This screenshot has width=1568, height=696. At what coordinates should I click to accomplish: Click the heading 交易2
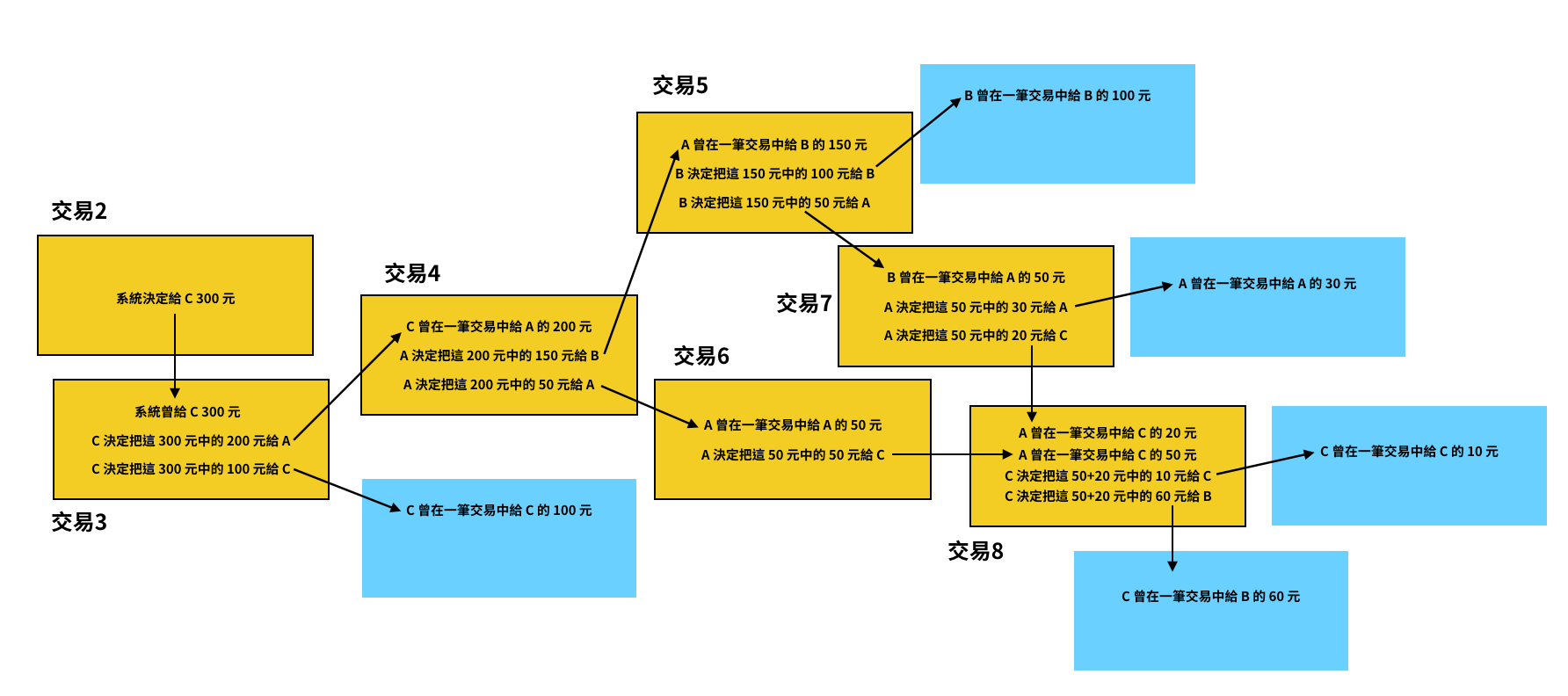(79, 211)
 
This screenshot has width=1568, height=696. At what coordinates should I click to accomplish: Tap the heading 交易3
(79, 522)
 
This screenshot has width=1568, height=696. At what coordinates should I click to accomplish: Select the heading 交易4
(412, 273)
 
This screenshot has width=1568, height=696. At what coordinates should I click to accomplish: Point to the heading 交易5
(680, 85)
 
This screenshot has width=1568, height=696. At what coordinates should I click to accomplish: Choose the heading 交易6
(701, 356)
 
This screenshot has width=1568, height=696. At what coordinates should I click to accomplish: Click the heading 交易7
(804, 303)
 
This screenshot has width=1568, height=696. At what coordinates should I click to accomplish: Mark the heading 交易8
(976, 551)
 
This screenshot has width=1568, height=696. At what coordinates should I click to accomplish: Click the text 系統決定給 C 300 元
(176, 299)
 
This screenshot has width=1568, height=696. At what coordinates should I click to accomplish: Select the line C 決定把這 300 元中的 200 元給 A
(191, 440)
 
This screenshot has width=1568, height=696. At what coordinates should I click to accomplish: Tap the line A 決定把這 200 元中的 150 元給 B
(499, 356)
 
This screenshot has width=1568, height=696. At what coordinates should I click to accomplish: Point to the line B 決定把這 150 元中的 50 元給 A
(774, 203)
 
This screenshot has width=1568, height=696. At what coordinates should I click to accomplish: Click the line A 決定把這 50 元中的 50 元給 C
(793, 454)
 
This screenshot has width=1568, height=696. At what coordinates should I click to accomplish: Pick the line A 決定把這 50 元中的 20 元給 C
(976, 336)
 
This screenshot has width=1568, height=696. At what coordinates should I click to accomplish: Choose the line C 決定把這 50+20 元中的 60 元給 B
(1107, 497)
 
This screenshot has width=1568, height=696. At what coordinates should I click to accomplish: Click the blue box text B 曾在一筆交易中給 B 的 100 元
(1057, 96)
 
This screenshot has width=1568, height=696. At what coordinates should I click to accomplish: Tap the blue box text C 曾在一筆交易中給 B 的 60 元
(1210, 597)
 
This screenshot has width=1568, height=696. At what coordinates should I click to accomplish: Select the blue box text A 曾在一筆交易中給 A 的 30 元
(1267, 284)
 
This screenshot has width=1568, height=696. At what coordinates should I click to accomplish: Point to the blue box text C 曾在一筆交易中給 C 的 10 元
(1409, 452)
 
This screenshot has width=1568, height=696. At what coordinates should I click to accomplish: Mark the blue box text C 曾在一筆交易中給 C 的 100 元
(499, 511)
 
